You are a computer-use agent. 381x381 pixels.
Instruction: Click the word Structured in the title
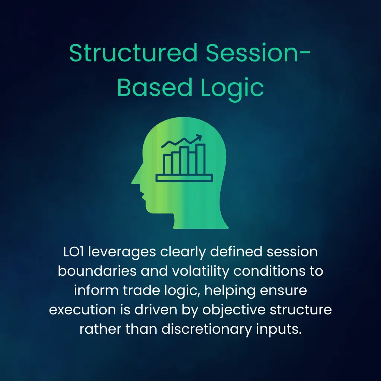coord(133,53)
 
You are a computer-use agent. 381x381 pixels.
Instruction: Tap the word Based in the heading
coord(155,87)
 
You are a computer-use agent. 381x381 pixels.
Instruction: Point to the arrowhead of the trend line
coord(199,137)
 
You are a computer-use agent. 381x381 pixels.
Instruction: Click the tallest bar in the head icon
coord(201,159)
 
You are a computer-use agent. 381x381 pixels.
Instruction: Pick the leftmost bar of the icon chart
coord(167,164)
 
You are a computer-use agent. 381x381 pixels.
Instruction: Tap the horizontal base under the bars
coord(184,178)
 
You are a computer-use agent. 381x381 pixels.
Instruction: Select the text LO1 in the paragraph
coord(73,252)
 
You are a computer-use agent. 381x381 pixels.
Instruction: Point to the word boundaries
coord(97,271)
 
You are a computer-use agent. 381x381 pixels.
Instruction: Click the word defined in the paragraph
coord(236,252)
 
